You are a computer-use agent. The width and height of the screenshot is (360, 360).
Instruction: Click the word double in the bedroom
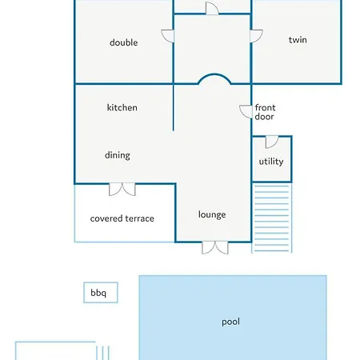point(124,42)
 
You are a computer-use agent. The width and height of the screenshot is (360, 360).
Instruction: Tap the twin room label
point(298,40)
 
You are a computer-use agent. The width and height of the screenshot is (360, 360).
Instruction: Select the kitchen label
point(122,107)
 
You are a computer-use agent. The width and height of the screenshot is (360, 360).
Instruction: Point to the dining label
point(118,155)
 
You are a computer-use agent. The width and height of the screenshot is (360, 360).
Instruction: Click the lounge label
point(212,214)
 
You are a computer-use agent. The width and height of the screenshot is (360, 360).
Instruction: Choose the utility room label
point(271,162)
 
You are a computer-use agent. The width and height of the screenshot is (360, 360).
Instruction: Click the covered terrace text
point(122,218)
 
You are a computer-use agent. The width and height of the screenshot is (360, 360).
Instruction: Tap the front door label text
point(265,112)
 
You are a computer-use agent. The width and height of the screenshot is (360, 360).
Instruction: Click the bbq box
point(101,293)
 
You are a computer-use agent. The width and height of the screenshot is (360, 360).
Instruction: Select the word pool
point(230,322)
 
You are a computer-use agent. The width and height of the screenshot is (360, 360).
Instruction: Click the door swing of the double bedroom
point(168,36)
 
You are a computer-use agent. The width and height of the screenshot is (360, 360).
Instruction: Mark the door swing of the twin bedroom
point(256,36)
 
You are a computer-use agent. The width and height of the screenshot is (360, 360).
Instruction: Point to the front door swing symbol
point(246,112)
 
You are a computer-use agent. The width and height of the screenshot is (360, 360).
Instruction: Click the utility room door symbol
point(272,142)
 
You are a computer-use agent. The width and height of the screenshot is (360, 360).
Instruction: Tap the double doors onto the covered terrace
point(122,190)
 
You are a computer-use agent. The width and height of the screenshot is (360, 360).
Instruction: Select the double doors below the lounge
point(215,248)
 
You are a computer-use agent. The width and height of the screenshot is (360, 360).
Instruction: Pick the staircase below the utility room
point(272,218)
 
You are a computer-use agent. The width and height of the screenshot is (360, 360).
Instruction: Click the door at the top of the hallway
point(212,8)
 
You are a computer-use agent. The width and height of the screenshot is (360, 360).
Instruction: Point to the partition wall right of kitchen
point(174,107)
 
